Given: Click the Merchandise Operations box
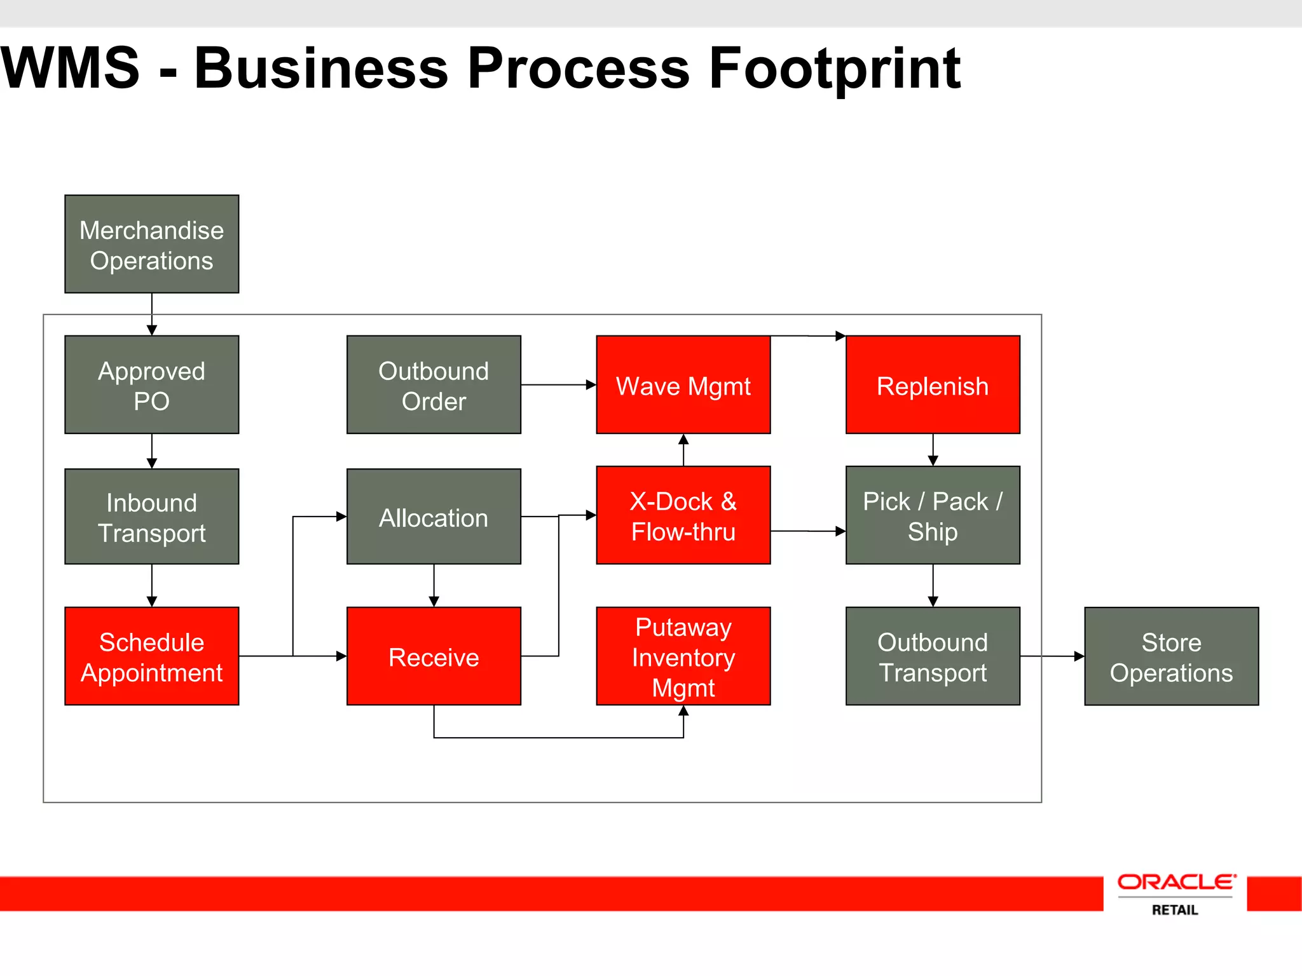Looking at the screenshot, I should tap(151, 244).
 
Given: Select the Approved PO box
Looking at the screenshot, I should tap(151, 385).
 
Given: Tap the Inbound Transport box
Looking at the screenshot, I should tap(151, 517).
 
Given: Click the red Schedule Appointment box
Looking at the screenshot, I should tap(151, 656).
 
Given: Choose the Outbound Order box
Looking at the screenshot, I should tap(434, 385).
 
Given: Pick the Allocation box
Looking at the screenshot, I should tap(434, 517).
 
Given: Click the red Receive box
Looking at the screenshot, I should tap(434, 656).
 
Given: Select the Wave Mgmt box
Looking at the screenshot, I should tap(683, 385).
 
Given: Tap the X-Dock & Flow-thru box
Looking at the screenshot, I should tap(683, 515).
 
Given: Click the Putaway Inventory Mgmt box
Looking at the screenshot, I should tap(683, 656).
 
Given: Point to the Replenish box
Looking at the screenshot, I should tap(933, 385).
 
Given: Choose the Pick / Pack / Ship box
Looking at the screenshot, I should tap(933, 515).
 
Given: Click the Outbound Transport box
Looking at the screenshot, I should tap(933, 656).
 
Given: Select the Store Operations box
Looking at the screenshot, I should tap(1171, 656).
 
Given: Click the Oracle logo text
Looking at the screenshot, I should tap(1176, 882).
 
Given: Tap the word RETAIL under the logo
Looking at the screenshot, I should tap(1175, 910).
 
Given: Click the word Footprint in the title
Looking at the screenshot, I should tap(834, 68).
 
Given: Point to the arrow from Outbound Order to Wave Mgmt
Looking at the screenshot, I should tap(558, 385).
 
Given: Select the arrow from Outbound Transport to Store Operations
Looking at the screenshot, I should tap(1052, 656).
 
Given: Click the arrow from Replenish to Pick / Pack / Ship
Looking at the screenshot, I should tap(933, 450).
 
